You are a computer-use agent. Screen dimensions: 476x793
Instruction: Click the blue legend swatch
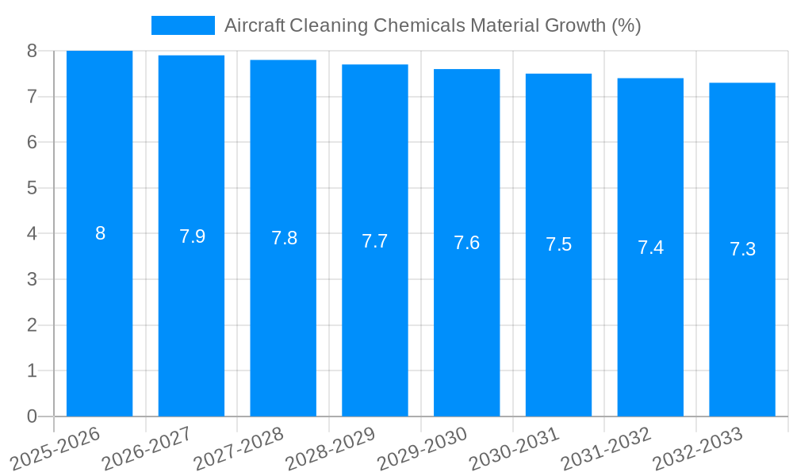click(x=182, y=25)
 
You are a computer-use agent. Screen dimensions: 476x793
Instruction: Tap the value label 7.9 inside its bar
click(x=192, y=236)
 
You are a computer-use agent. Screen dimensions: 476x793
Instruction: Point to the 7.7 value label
click(x=374, y=241)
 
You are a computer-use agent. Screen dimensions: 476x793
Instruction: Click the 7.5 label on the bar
click(x=558, y=244)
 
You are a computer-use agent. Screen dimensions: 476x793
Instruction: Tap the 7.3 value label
click(x=742, y=249)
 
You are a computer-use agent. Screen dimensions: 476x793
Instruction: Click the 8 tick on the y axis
click(x=32, y=51)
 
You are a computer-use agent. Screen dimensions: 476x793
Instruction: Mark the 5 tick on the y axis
click(x=32, y=188)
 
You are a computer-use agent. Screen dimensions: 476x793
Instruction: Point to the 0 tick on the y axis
click(x=32, y=416)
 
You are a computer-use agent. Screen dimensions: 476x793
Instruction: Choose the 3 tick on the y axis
click(x=32, y=279)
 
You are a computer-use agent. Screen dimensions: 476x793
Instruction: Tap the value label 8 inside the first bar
click(x=100, y=233)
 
